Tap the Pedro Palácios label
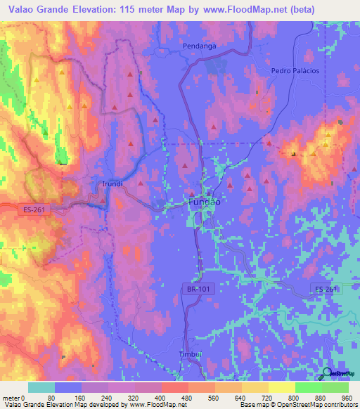[x=295, y=71]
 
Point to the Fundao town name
[x=205, y=202]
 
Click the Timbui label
[x=191, y=355]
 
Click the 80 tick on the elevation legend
[x=55, y=397]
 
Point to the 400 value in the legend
[x=162, y=397]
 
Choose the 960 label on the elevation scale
[x=346, y=397]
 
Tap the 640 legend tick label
[x=242, y=397]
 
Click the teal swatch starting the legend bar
[x=41, y=387]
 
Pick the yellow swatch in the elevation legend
[x=282, y=387]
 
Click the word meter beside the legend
[x=11, y=397]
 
